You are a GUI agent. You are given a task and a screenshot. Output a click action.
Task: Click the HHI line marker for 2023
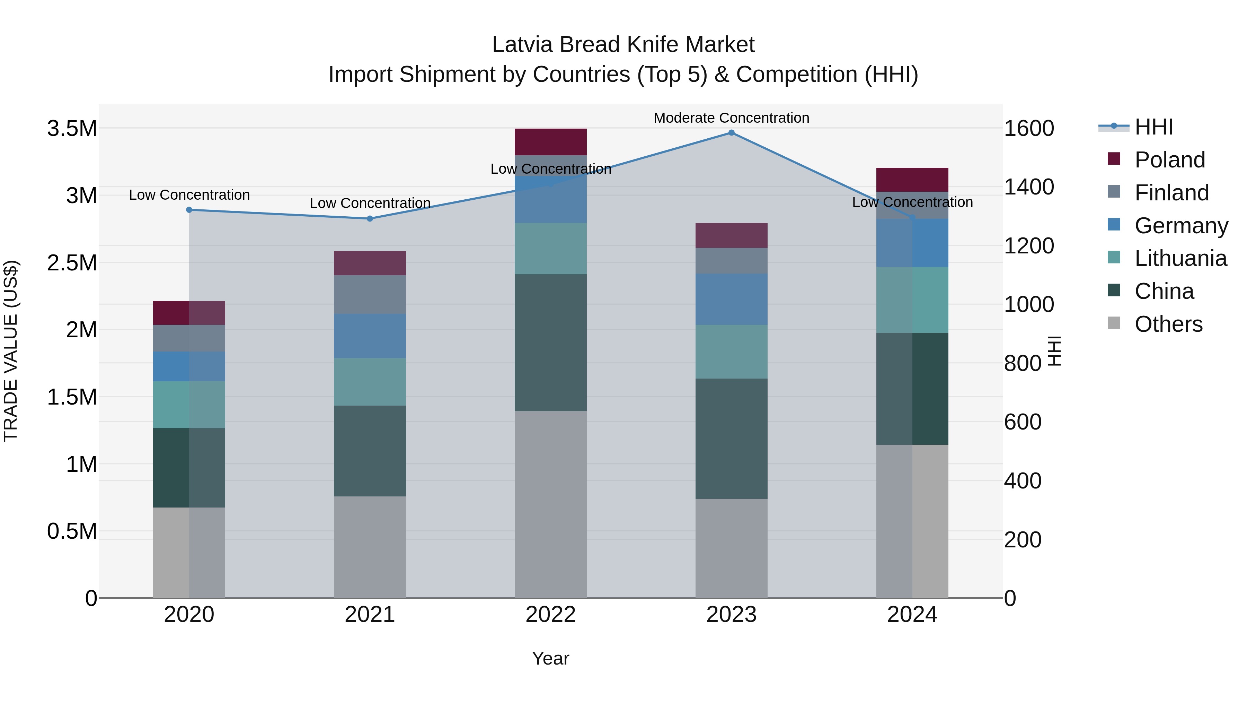coord(731,133)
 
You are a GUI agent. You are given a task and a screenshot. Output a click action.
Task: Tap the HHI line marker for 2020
coord(189,210)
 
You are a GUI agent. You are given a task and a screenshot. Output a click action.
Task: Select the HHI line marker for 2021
coord(370,218)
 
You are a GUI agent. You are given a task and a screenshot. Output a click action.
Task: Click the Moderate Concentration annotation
coord(731,118)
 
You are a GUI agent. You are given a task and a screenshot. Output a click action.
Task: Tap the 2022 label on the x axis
coord(550,615)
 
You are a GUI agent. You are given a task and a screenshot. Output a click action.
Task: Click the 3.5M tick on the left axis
coord(72,129)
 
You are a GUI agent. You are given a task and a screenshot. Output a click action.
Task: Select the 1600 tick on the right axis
coord(1029,129)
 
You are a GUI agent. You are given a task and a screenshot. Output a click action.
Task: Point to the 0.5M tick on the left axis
coord(72,531)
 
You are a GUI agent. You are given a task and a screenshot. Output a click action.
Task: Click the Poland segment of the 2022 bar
coord(550,142)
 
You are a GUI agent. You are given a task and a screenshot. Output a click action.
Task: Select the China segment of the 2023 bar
coord(731,439)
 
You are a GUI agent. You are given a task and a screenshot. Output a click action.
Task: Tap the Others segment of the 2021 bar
coord(370,547)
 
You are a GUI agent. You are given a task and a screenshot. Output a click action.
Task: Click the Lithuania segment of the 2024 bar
coord(912,300)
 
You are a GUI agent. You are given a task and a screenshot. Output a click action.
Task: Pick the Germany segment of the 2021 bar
coord(370,336)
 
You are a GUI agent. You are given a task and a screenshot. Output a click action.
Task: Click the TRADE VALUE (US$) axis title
coord(11,351)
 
